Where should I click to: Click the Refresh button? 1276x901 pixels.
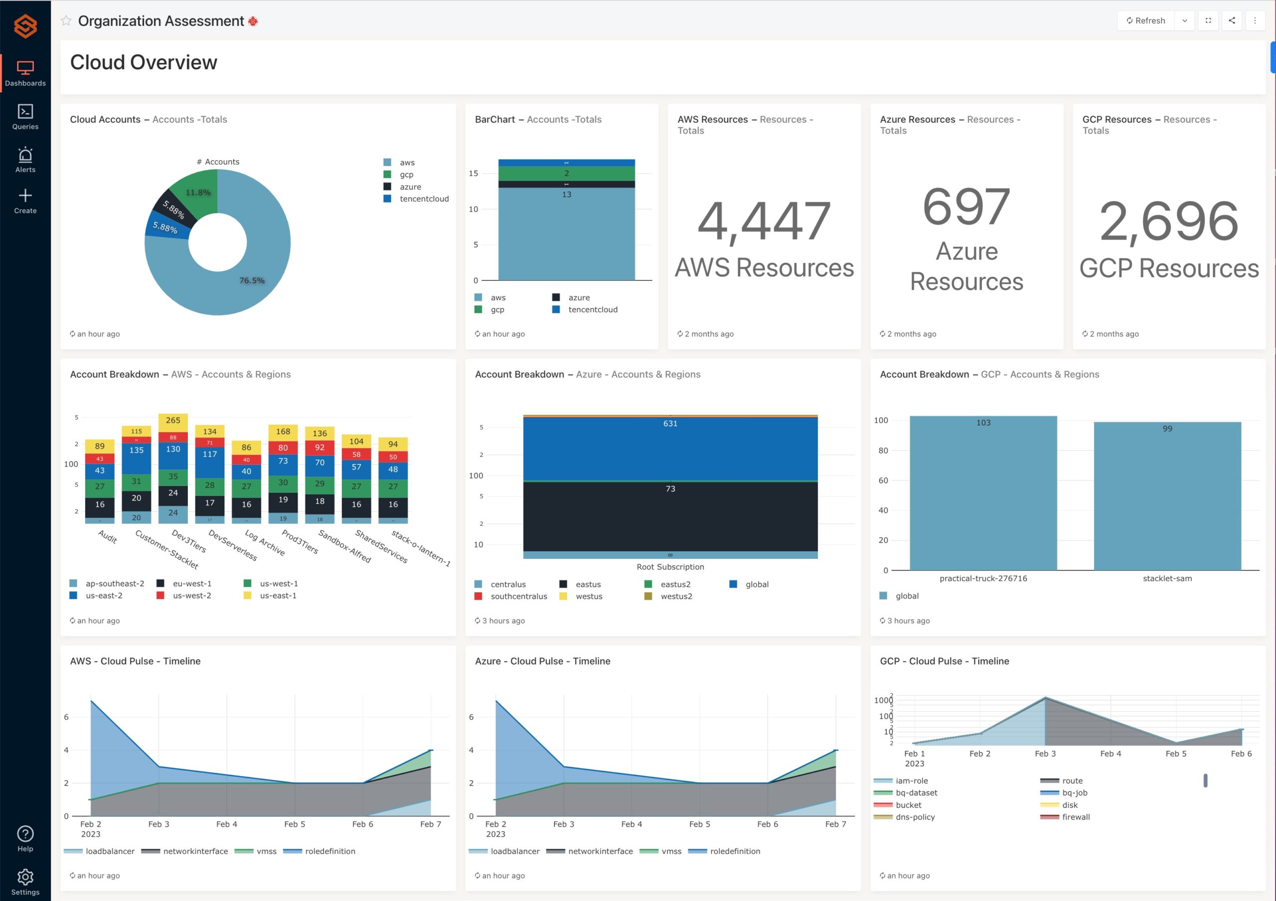1145,20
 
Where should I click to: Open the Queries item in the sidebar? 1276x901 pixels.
25,117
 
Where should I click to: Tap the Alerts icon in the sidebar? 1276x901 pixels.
25,160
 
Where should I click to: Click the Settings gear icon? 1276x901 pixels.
25,877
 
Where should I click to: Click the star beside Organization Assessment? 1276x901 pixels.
66,21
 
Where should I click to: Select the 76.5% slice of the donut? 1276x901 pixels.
245,289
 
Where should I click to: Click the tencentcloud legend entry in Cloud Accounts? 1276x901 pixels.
424,199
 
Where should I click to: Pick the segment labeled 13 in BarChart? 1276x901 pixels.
566,233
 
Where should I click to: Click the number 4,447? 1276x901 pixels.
764,222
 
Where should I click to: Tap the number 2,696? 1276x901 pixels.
1168,222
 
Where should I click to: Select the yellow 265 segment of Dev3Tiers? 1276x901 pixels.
173,421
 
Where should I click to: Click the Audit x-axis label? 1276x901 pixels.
107,537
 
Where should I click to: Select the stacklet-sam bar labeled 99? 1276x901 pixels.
1167,495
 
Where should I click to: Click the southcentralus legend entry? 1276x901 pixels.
518,596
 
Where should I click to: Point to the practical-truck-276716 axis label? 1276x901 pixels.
983,578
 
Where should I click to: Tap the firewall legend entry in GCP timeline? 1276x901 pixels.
1075,817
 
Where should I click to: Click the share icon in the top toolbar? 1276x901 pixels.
1232,20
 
